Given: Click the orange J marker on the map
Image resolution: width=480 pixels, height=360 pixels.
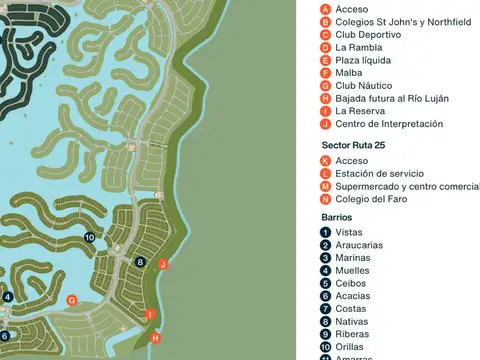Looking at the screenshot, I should click(x=163, y=264).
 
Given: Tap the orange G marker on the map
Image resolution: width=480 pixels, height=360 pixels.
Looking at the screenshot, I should click(x=71, y=299).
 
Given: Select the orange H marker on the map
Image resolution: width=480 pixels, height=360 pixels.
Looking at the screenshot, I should click(x=155, y=338).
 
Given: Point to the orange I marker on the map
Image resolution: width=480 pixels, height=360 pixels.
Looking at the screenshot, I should click(x=150, y=315).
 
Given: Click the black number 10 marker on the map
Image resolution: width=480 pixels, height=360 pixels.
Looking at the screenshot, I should click(x=90, y=237).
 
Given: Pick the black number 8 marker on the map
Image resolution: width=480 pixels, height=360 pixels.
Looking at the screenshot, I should click(x=140, y=262).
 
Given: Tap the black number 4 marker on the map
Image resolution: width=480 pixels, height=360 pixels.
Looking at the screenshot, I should click(x=7, y=297).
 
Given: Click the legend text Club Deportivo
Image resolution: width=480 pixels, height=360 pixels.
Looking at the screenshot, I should click(x=368, y=34).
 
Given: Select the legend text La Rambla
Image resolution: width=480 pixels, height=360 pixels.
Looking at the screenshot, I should click(x=357, y=47).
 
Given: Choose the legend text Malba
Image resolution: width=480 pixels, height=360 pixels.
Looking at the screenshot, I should click(x=349, y=73).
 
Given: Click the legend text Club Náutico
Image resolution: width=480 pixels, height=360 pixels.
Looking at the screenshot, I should click(x=363, y=86).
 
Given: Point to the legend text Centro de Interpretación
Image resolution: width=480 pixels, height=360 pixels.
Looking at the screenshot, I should click(x=389, y=124).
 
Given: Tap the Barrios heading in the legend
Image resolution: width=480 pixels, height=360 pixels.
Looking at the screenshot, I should click(x=337, y=217).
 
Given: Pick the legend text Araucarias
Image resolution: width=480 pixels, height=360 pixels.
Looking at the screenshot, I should click(x=359, y=245).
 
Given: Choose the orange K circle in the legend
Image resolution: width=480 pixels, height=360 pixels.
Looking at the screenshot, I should click(x=325, y=161).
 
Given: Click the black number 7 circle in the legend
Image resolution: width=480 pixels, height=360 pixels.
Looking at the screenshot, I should click(x=326, y=308).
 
